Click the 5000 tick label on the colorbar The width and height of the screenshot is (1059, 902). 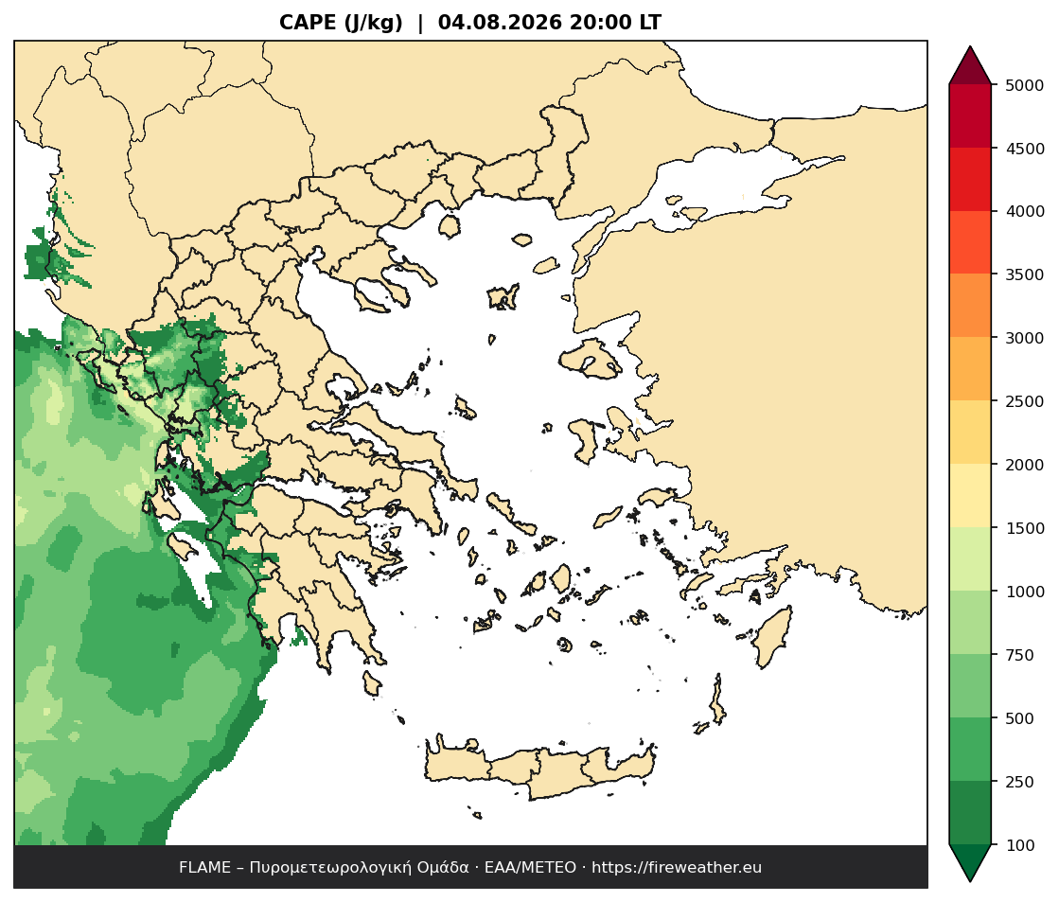pos(1025,85)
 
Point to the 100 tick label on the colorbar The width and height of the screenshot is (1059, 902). pos(1020,845)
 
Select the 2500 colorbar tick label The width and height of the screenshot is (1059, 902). pos(1025,401)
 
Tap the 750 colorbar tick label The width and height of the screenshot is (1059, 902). pos(1020,655)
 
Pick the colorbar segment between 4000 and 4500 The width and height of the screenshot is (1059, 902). pos(970,180)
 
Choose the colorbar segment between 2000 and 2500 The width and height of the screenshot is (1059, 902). pos(970,433)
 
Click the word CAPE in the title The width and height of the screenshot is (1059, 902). pos(308,23)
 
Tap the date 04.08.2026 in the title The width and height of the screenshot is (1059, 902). pos(500,23)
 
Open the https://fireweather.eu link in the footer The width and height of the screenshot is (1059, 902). pos(677,868)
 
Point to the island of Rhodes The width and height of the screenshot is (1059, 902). pos(772,636)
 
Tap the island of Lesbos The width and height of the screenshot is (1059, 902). pos(590,357)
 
